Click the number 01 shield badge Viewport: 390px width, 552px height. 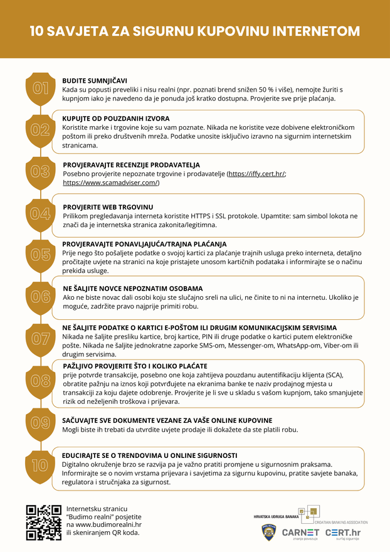coord(41,88)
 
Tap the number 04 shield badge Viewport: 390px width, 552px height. coord(41,213)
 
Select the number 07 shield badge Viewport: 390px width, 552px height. coord(41,339)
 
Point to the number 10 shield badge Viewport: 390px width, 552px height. coord(41,465)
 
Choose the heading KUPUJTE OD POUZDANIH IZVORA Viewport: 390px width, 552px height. coord(115,118)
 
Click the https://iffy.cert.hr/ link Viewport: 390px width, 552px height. coord(256,173)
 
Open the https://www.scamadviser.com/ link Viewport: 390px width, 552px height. coord(111,183)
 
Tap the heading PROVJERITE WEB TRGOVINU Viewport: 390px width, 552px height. coord(108,206)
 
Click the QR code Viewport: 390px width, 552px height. coord(44,522)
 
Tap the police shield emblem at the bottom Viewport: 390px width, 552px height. coord(269,533)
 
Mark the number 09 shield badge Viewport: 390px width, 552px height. coord(41,422)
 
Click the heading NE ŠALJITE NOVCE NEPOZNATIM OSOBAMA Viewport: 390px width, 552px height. coord(133,288)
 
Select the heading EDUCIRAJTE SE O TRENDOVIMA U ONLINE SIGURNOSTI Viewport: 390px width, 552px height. coord(149,455)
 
